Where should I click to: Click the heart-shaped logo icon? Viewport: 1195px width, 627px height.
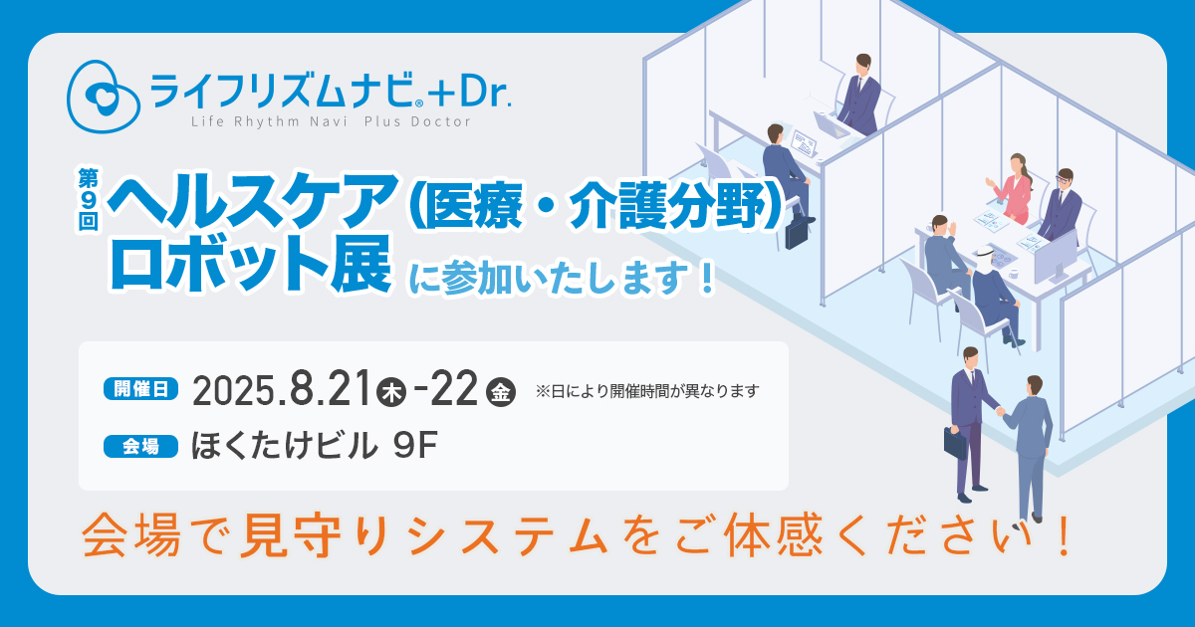click(103, 97)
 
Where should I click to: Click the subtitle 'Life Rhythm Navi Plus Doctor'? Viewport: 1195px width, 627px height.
click(331, 122)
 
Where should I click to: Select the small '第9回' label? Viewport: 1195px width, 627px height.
click(89, 199)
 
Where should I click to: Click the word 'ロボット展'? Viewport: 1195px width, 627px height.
click(251, 264)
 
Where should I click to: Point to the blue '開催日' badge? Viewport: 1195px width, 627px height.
click(140, 389)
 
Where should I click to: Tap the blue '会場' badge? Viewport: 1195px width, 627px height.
click(140, 446)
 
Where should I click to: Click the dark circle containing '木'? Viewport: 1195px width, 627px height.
click(391, 393)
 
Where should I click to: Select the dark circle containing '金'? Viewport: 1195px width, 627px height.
click(500, 393)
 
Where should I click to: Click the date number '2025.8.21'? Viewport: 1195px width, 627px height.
click(281, 390)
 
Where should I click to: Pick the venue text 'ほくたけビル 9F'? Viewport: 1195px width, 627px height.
click(315, 446)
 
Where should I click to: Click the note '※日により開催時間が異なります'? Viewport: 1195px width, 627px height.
click(647, 391)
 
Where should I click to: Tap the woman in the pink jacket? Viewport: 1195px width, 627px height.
click(1012, 188)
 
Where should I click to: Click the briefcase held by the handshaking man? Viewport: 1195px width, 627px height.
click(955, 443)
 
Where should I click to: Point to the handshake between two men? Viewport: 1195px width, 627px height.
click(1000, 411)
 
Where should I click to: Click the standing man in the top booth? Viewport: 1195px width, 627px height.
click(858, 95)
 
